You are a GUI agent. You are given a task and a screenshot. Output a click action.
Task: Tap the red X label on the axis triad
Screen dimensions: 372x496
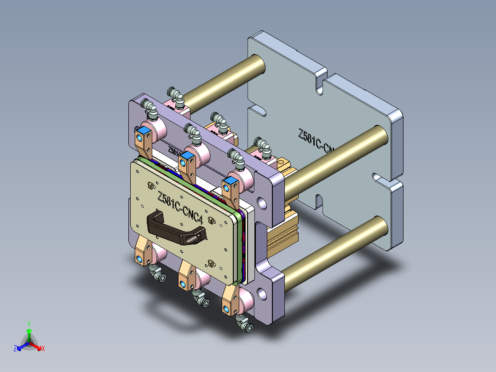click(x=43, y=349)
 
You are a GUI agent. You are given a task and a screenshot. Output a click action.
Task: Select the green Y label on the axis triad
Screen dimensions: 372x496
click(x=29, y=324)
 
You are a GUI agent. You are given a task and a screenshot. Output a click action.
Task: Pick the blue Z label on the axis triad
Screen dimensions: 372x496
click(x=15, y=349)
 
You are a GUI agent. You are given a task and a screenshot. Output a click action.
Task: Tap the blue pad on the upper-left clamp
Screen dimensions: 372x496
click(x=143, y=132)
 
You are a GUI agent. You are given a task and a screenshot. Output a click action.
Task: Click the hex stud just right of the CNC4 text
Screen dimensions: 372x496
click(x=211, y=220)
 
